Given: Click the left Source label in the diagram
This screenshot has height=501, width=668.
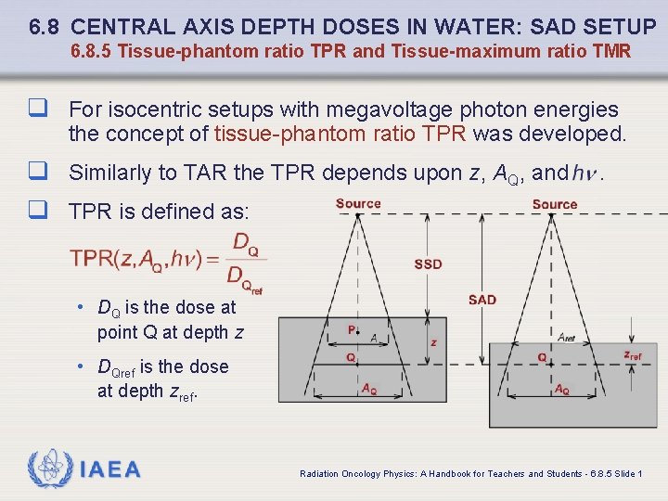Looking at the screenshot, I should [358, 203].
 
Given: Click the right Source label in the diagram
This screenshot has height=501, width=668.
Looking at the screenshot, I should [555, 204].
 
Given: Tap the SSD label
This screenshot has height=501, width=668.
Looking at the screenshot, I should [428, 264].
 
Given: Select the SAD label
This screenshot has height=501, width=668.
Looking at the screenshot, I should [482, 300].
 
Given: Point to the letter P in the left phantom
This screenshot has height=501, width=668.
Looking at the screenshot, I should [352, 329].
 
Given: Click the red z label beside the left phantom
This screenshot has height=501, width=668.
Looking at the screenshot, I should [434, 342].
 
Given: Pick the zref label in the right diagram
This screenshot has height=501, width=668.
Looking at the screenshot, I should [633, 355].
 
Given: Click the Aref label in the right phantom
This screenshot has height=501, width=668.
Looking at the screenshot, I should [567, 337].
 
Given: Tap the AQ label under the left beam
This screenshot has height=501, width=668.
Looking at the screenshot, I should [369, 389].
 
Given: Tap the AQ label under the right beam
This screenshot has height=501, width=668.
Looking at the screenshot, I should [562, 391].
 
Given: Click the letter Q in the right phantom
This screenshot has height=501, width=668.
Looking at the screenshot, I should [542, 357].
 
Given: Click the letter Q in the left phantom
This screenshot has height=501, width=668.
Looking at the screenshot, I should [351, 357].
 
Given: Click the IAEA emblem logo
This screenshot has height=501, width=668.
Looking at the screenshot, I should [50, 469].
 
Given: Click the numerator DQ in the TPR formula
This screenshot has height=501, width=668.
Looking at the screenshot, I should [245, 246].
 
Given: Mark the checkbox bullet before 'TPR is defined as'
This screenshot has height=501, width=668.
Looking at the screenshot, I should [39, 212].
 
